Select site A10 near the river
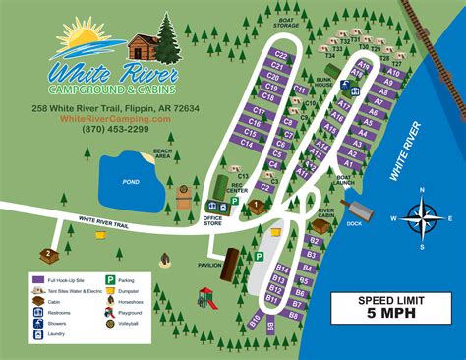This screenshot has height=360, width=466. point(393,73)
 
